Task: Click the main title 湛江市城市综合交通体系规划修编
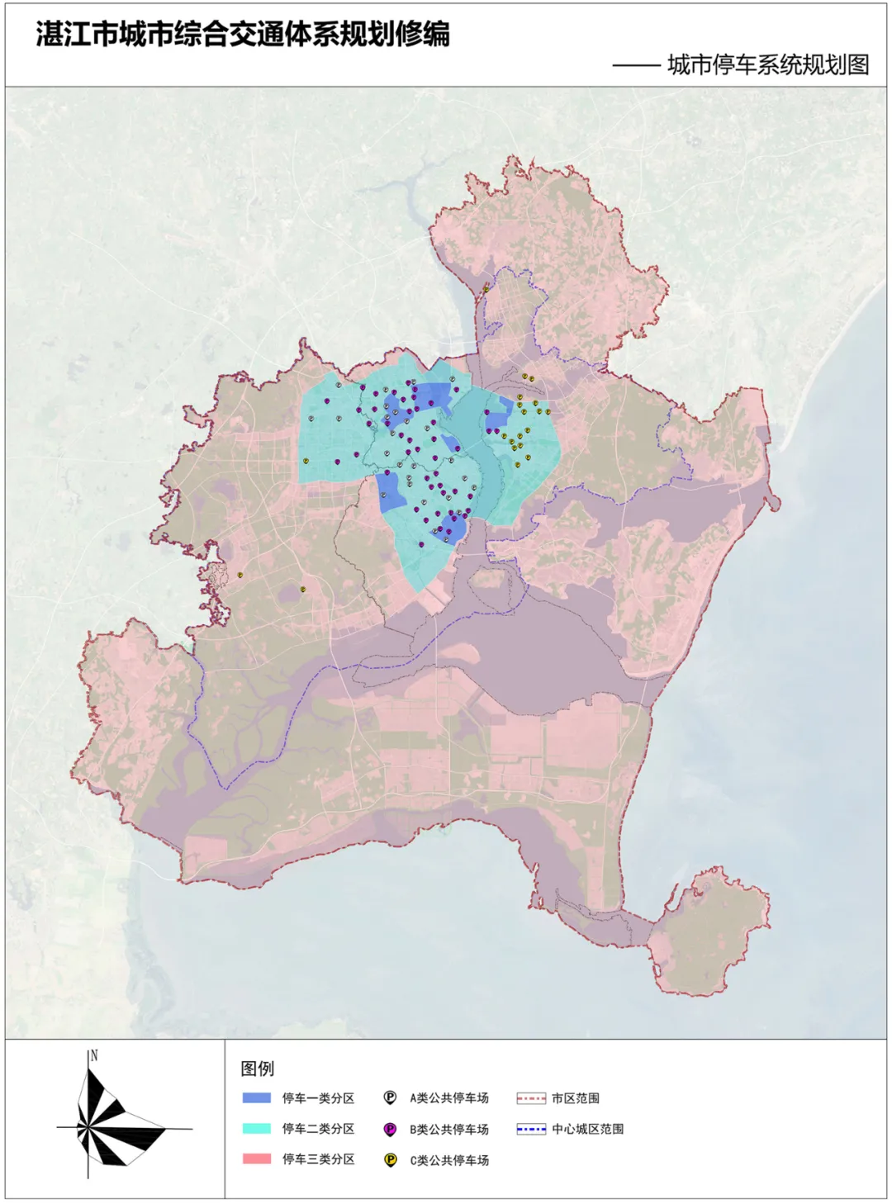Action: tap(242, 35)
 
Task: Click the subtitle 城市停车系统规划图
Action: tap(767, 64)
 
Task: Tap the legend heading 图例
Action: tap(257, 1069)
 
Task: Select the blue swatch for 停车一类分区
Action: tap(257, 1098)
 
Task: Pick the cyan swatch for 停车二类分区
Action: tap(257, 1129)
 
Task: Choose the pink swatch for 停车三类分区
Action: tap(257, 1159)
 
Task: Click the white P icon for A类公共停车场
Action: tap(391, 1098)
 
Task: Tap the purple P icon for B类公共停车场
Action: tap(391, 1129)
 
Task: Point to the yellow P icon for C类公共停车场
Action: tap(391, 1160)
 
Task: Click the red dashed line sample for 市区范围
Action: tap(531, 1098)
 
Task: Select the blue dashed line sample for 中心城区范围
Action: tap(531, 1129)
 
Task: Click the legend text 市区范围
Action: tap(576, 1098)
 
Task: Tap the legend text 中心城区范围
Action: tap(587, 1129)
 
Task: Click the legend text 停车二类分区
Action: tap(318, 1129)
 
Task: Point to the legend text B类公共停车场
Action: tap(449, 1129)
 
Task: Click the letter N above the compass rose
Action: tap(94, 1055)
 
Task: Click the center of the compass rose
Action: tap(88, 1128)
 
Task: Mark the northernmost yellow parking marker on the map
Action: tap(486, 288)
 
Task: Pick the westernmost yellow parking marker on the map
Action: tap(240, 575)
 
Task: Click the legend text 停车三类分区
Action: tap(318, 1159)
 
